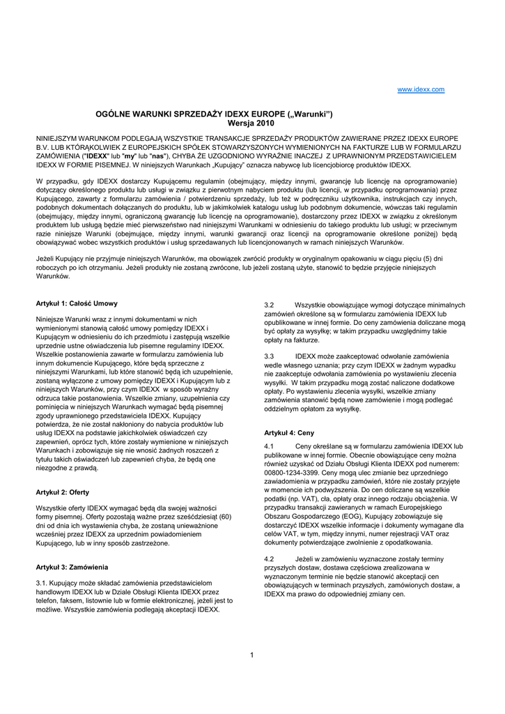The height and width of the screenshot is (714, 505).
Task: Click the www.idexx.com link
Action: [420, 90]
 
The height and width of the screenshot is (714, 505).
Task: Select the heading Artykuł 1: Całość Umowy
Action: [77, 304]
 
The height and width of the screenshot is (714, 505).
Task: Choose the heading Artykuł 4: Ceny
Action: [289, 432]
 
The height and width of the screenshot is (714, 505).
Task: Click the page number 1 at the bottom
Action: [251, 654]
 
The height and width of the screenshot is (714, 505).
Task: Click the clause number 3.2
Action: [270, 305]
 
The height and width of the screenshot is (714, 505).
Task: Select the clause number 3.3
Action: [270, 356]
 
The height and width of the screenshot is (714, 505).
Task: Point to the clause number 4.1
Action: [270, 446]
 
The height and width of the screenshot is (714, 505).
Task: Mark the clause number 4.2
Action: [270, 559]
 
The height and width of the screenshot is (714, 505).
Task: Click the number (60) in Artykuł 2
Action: [224, 517]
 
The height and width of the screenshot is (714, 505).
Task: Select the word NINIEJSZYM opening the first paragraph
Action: [61, 138]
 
